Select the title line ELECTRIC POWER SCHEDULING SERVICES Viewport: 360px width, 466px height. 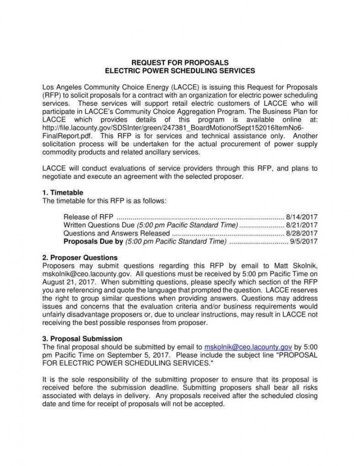pos(180,71)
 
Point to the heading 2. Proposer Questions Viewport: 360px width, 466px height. pos(80,258)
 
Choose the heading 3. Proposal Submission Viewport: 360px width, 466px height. pos(82,339)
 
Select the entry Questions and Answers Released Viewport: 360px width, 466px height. pos(116,233)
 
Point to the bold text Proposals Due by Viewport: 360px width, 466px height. pos(93,242)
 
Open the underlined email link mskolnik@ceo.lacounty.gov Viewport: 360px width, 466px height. pos(247,347)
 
